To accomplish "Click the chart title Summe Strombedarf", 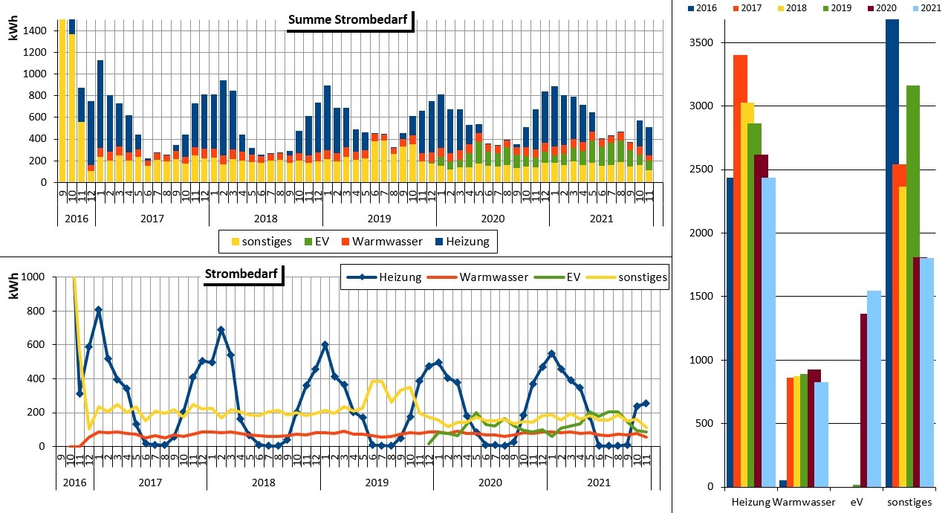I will click(348, 20).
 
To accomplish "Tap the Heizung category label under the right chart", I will click(749, 502).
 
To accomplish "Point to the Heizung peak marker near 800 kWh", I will click(98, 309).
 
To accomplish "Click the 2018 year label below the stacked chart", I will click(265, 218).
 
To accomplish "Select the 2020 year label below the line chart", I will click(490, 482).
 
